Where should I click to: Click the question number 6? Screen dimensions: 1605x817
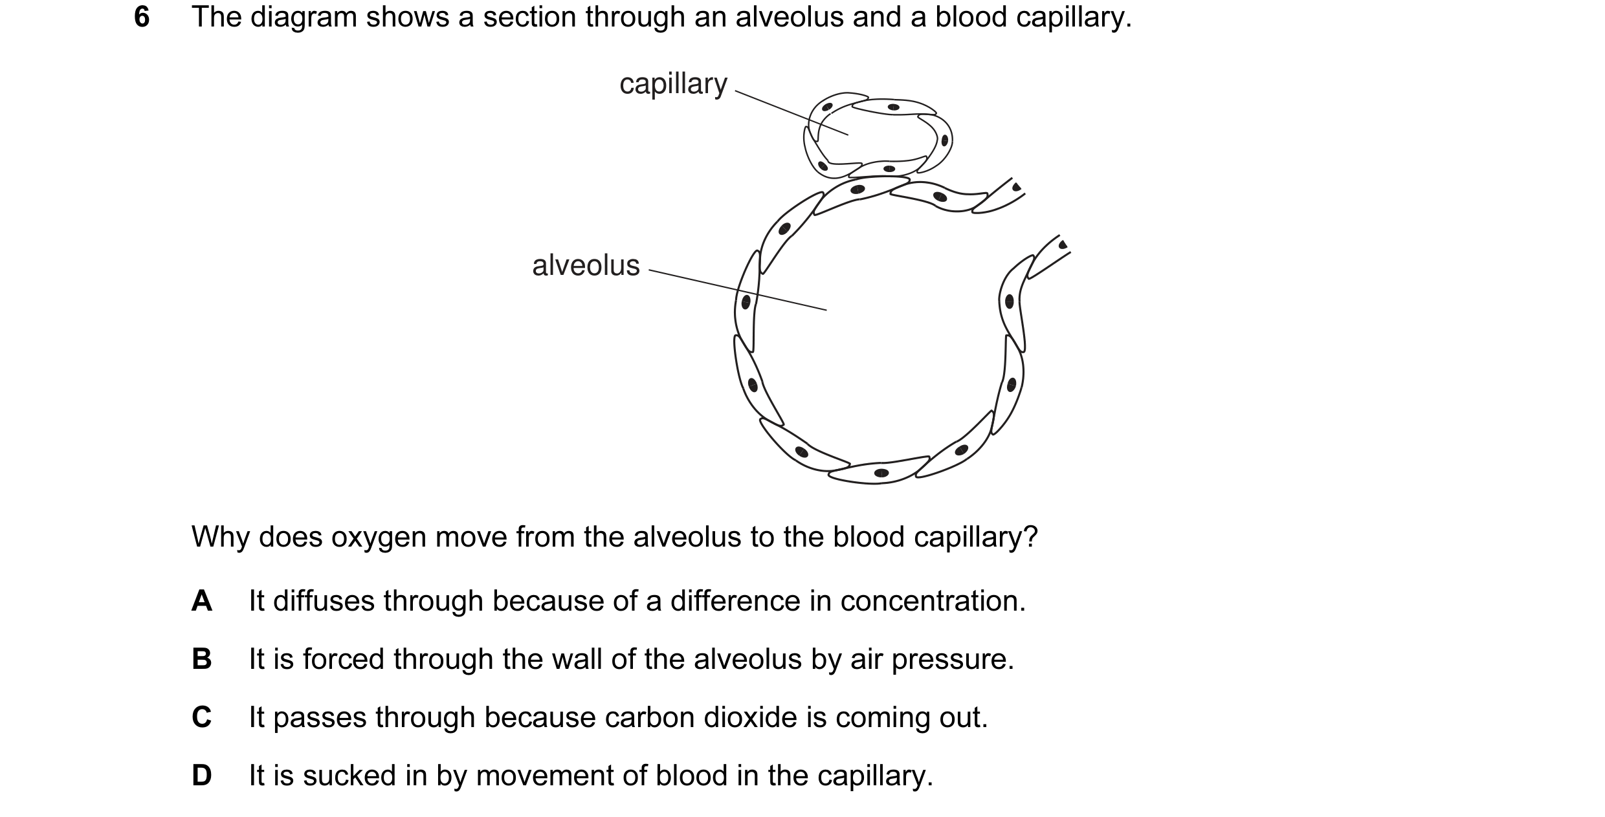point(142,17)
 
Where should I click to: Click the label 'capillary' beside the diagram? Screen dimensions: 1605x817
point(673,85)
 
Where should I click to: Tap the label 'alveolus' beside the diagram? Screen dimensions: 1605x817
point(586,265)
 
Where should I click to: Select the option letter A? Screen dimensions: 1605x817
point(202,601)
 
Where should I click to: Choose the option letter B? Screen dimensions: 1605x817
point(202,659)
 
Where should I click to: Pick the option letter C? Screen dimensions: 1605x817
point(202,717)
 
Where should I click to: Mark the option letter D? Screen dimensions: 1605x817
point(202,776)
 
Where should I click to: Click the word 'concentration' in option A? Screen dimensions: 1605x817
point(933,601)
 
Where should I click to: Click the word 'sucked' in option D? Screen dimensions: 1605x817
point(349,776)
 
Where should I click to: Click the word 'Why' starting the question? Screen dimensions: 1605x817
point(221,537)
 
